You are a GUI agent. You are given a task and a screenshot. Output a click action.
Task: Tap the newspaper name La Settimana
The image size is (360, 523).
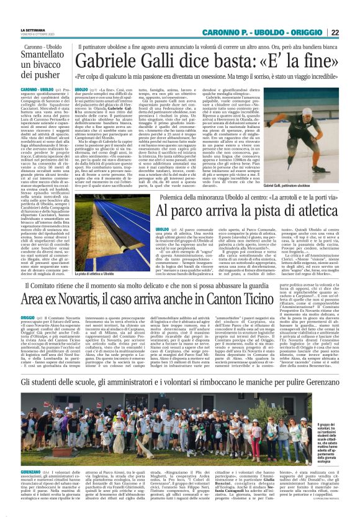(32, 29)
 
